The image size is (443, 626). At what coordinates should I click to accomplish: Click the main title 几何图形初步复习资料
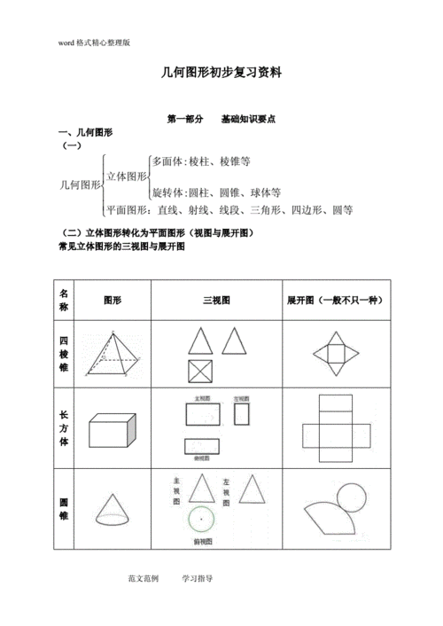coord(221,74)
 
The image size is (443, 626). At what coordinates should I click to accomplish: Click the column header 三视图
coord(216,301)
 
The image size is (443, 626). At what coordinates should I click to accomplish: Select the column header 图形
coord(113,301)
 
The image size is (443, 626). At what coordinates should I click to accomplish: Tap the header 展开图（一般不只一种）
coord(334,301)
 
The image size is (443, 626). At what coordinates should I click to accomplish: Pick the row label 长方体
coord(64,428)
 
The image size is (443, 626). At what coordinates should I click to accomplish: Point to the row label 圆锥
coord(64,509)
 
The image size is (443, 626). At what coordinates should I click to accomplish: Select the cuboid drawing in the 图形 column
coord(112,430)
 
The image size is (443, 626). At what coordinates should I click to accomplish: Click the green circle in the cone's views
coord(202,520)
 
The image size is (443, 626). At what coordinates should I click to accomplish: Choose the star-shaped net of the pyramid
coord(334,353)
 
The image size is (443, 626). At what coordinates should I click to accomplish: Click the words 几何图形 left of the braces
coord(79,184)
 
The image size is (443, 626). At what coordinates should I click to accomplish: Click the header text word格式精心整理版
coord(94,42)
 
